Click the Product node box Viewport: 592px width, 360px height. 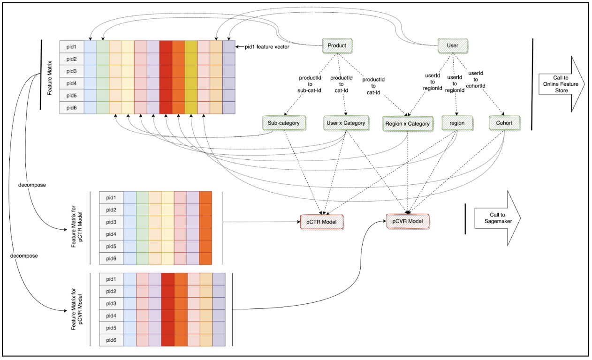[x=337, y=45]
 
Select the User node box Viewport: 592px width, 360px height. [x=454, y=45]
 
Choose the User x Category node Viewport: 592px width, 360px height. [x=345, y=123]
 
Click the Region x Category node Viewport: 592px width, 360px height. [x=406, y=124]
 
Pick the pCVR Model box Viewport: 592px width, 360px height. [x=407, y=221]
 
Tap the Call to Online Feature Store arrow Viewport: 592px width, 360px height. [x=560, y=84]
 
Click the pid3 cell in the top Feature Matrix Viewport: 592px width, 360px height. [x=71, y=71]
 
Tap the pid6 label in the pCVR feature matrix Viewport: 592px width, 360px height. [x=111, y=340]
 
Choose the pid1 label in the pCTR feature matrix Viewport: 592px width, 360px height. [x=111, y=198]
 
